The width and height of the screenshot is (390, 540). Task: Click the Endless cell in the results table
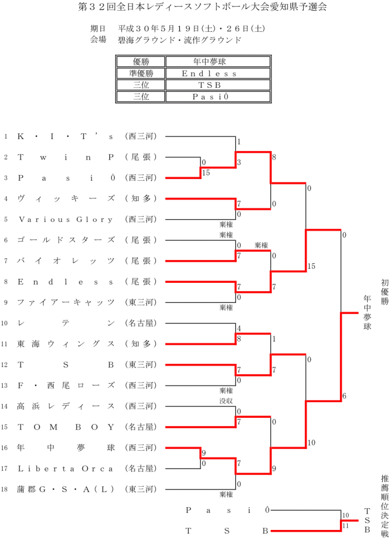tap(209, 73)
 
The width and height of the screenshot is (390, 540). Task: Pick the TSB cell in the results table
tap(209, 85)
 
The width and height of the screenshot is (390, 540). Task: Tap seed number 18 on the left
tap(5, 489)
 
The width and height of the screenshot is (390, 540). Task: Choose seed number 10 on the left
tap(5, 323)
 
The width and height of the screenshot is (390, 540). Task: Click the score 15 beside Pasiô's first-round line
tap(206, 173)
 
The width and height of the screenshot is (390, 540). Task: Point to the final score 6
tap(344, 396)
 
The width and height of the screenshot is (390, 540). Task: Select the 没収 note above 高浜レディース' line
tap(226, 401)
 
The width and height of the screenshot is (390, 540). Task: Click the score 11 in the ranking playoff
tap(345, 525)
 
